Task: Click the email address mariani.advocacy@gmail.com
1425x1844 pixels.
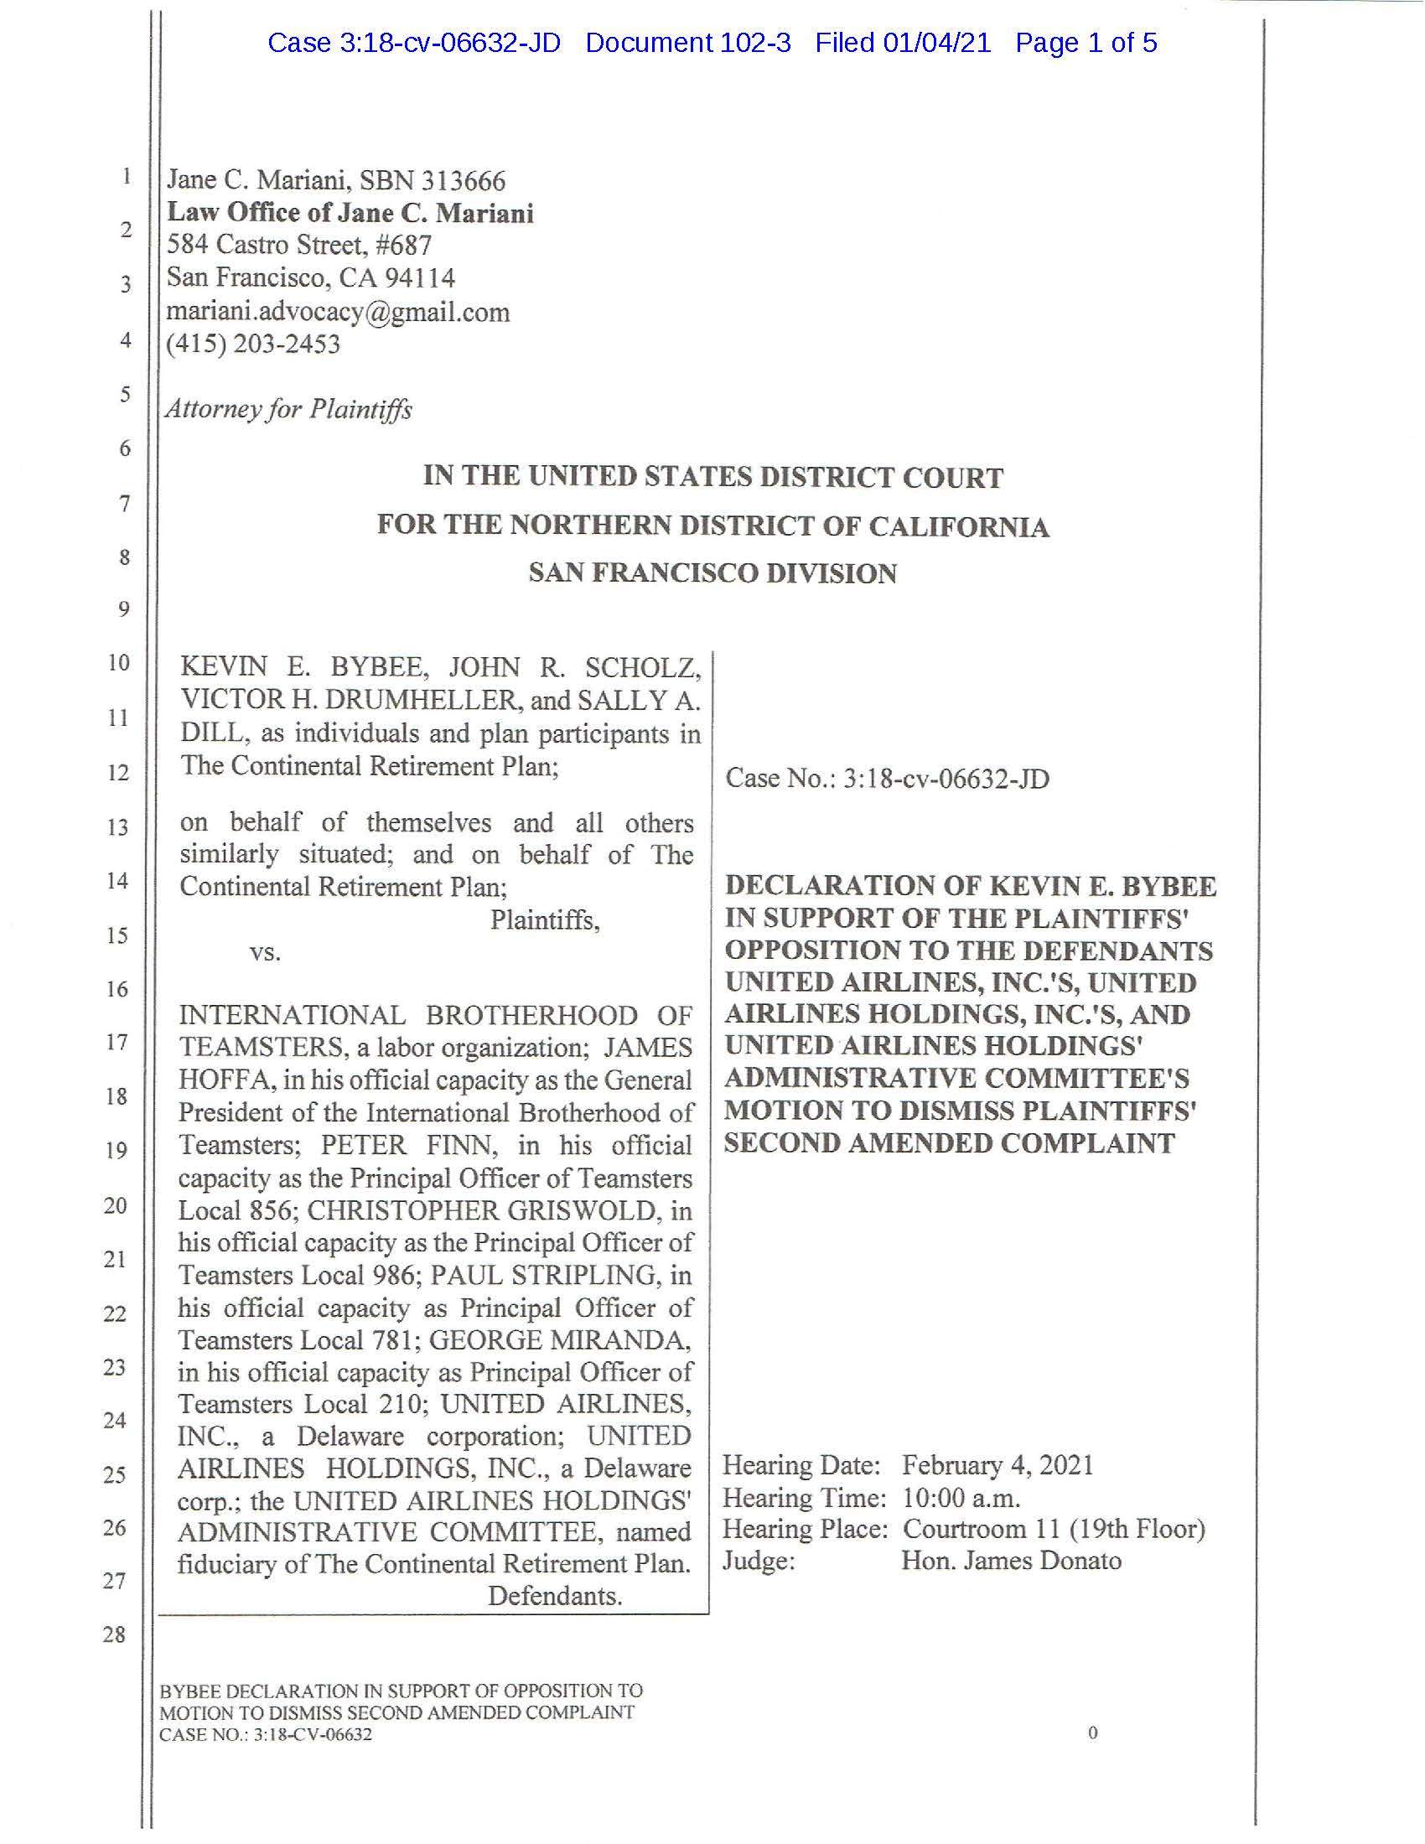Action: (338, 313)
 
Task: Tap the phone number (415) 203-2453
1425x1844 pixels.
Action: (253, 344)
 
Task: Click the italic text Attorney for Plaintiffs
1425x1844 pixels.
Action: (288, 410)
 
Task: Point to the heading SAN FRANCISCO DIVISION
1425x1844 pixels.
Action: (712, 573)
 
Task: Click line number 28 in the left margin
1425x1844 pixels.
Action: (114, 1635)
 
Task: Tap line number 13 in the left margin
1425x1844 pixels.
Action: (117, 827)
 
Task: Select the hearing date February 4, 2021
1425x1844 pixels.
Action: (997, 1465)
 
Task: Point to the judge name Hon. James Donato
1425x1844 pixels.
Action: (1011, 1562)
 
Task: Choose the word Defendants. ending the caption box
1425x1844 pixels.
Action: (555, 1597)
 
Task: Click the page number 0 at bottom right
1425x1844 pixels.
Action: (1093, 1733)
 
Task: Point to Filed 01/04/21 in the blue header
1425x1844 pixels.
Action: (903, 42)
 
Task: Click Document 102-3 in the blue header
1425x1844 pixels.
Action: (688, 42)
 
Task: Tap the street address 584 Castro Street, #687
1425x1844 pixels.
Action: (299, 245)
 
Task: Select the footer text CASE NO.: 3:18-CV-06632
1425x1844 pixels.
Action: (266, 1735)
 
